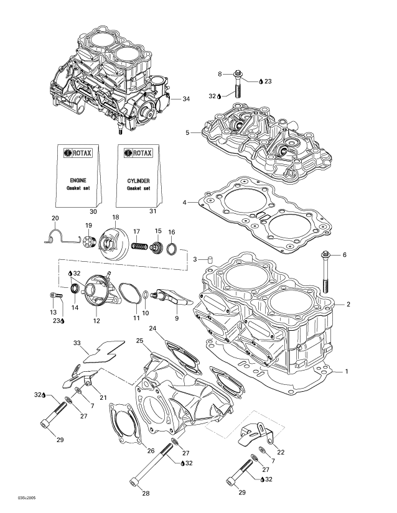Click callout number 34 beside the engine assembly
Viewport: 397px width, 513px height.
186,99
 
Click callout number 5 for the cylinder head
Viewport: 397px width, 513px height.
187,132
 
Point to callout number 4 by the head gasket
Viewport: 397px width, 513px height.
185,203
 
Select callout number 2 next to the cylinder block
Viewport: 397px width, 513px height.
348,304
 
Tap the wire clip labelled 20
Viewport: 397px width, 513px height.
57,233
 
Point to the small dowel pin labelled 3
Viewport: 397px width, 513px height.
211,258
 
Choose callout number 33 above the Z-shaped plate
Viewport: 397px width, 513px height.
77,343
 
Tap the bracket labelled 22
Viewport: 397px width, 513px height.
253,435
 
